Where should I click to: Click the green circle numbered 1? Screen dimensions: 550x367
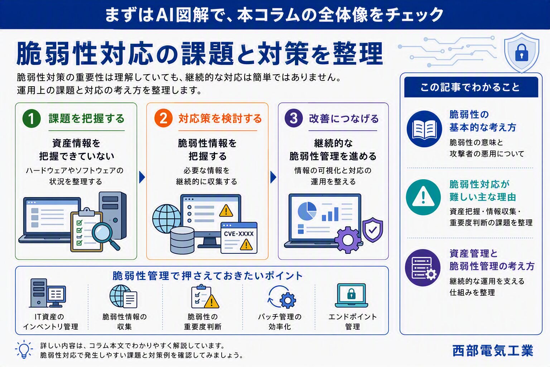32,119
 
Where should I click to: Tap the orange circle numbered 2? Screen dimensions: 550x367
163,118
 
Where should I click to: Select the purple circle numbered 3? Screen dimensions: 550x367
294,118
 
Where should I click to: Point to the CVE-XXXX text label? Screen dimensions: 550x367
239,234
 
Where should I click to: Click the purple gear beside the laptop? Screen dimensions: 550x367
348,240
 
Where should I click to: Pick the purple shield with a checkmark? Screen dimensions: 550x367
372,230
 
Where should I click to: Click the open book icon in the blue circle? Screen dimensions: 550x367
424,129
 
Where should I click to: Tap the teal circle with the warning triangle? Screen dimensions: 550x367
423,197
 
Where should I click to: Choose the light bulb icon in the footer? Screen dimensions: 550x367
24,349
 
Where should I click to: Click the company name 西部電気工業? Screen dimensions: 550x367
493,351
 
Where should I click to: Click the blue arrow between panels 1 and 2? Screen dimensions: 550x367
142,177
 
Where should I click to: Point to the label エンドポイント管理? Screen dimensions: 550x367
352,321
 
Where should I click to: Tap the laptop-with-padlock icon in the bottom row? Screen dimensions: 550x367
351,295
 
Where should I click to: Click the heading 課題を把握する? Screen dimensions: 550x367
87,119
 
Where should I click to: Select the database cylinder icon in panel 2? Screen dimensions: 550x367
182,240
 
